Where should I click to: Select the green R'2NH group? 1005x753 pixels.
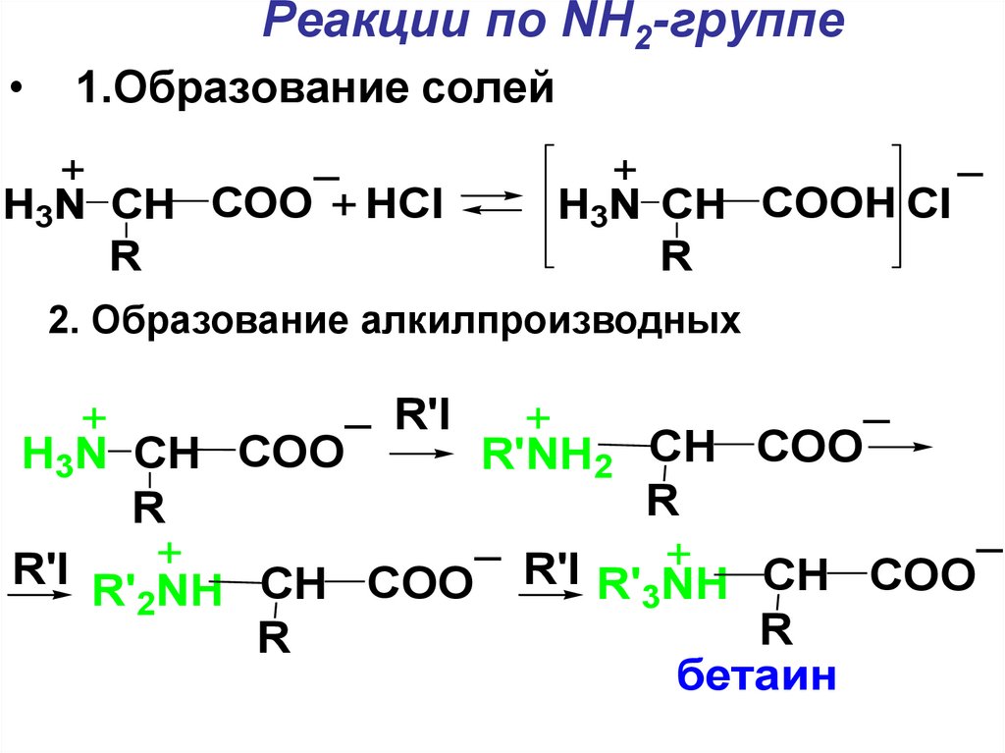coord(157,590)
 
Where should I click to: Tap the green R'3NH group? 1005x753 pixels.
coord(662,585)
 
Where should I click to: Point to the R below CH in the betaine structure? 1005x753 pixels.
coord(775,629)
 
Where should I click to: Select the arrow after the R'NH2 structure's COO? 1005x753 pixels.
coord(902,447)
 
